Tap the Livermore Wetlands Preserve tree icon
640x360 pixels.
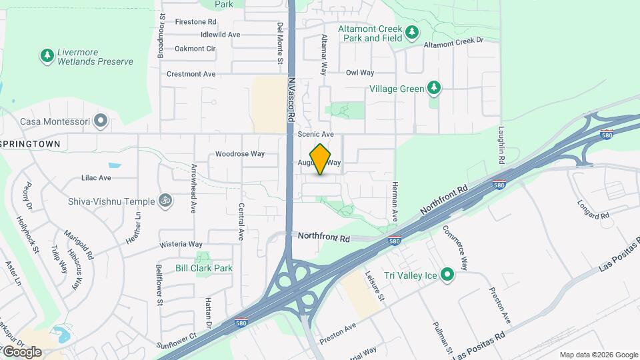coord(47,55)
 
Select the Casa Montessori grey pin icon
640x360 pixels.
coord(101,121)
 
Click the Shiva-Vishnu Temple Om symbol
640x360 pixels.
coord(163,200)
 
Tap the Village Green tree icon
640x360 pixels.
coord(434,87)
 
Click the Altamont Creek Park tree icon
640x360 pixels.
coord(412,31)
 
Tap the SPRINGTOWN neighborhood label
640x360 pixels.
coord(31,143)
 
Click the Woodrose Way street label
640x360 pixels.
coord(240,154)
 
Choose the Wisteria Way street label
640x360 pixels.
coord(181,244)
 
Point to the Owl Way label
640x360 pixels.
coord(360,73)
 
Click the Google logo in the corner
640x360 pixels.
coord(21,351)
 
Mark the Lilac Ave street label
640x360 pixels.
coord(96,178)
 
